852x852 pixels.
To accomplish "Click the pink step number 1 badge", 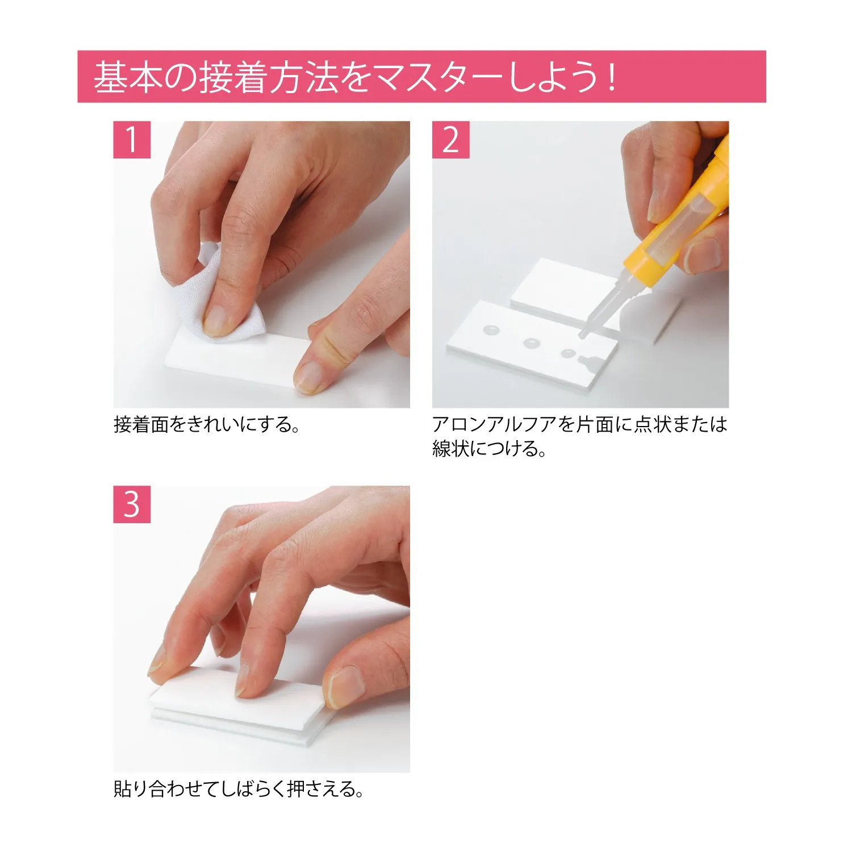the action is [132, 140].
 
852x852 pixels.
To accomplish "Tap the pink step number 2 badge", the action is [450, 140].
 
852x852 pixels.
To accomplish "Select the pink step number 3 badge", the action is [132, 504].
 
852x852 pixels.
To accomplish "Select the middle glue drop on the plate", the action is [532, 343].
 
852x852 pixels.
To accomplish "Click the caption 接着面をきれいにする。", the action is [207, 424].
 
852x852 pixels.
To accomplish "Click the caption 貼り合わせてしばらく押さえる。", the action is [239, 789].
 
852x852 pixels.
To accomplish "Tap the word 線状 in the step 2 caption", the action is [451, 449].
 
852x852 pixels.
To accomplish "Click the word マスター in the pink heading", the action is [436, 77].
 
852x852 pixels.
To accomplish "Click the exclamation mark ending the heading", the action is [611, 77].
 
